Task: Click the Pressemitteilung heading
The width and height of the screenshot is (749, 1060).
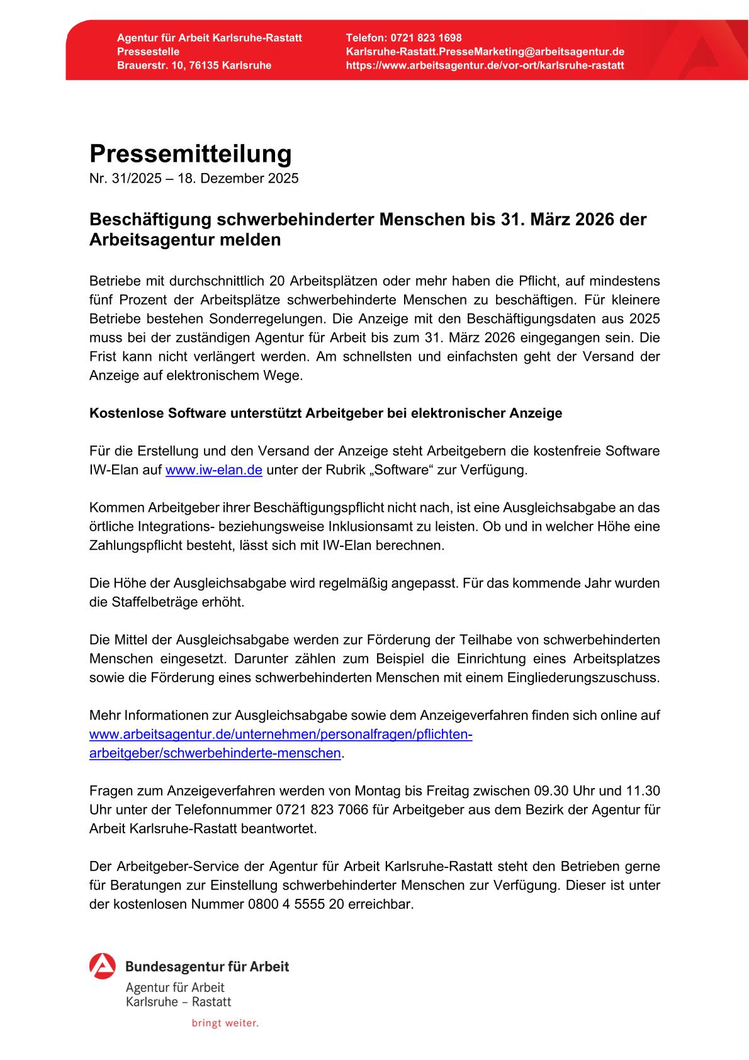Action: tap(190, 154)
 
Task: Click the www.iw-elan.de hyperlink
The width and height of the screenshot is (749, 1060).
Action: tap(213, 470)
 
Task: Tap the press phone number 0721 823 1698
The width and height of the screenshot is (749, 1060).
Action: tap(425, 38)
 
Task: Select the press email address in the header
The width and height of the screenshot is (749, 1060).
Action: tap(485, 52)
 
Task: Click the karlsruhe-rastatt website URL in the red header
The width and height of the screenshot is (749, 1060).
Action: tap(485, 65)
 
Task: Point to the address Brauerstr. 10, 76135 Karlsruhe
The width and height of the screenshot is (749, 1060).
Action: tap(194, 65)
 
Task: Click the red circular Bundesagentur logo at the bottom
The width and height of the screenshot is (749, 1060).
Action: tap(103, 966)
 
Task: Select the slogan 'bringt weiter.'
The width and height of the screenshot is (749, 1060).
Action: tap(225, 1023)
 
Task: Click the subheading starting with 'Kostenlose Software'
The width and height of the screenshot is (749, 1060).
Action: tap(325, 414)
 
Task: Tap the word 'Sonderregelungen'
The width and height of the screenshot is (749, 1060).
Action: tap(218, 319)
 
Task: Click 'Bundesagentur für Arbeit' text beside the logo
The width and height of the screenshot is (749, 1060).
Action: tap(207, 966)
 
